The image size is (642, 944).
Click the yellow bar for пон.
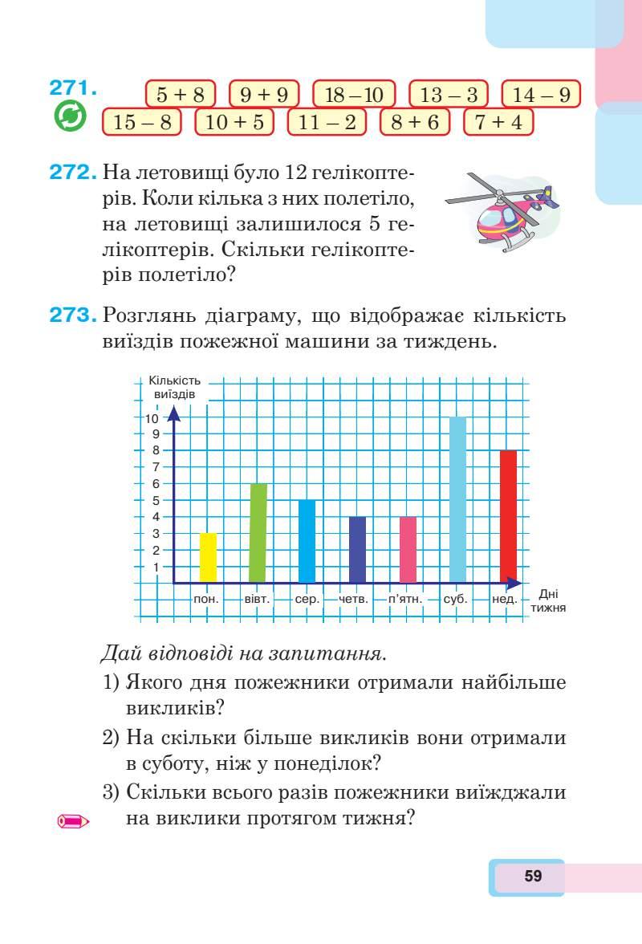(x=208, y=557)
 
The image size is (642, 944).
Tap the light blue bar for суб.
(x=458, y=499)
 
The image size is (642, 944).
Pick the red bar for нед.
(x=508, y=515)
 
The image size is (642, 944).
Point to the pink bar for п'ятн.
(x=408, y=549)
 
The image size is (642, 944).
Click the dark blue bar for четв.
(x=358, y=549)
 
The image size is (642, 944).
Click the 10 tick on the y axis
(x=152, y=417)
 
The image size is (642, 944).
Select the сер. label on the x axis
(x=307, y=599)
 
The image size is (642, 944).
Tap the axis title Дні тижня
(x=549, y=601)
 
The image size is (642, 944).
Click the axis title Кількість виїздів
(x=173, y=388)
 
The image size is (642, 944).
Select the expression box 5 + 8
(x=181, y=95)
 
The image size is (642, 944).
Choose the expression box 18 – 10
(x=354, y=95)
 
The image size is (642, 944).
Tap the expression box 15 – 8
(x=142, y=123)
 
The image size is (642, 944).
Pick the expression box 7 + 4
(x=498, y=123)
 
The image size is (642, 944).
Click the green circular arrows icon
(x=69, y=118)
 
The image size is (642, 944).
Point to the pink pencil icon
(x=72, y=821)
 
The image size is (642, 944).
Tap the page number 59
(x=533, y=876)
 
